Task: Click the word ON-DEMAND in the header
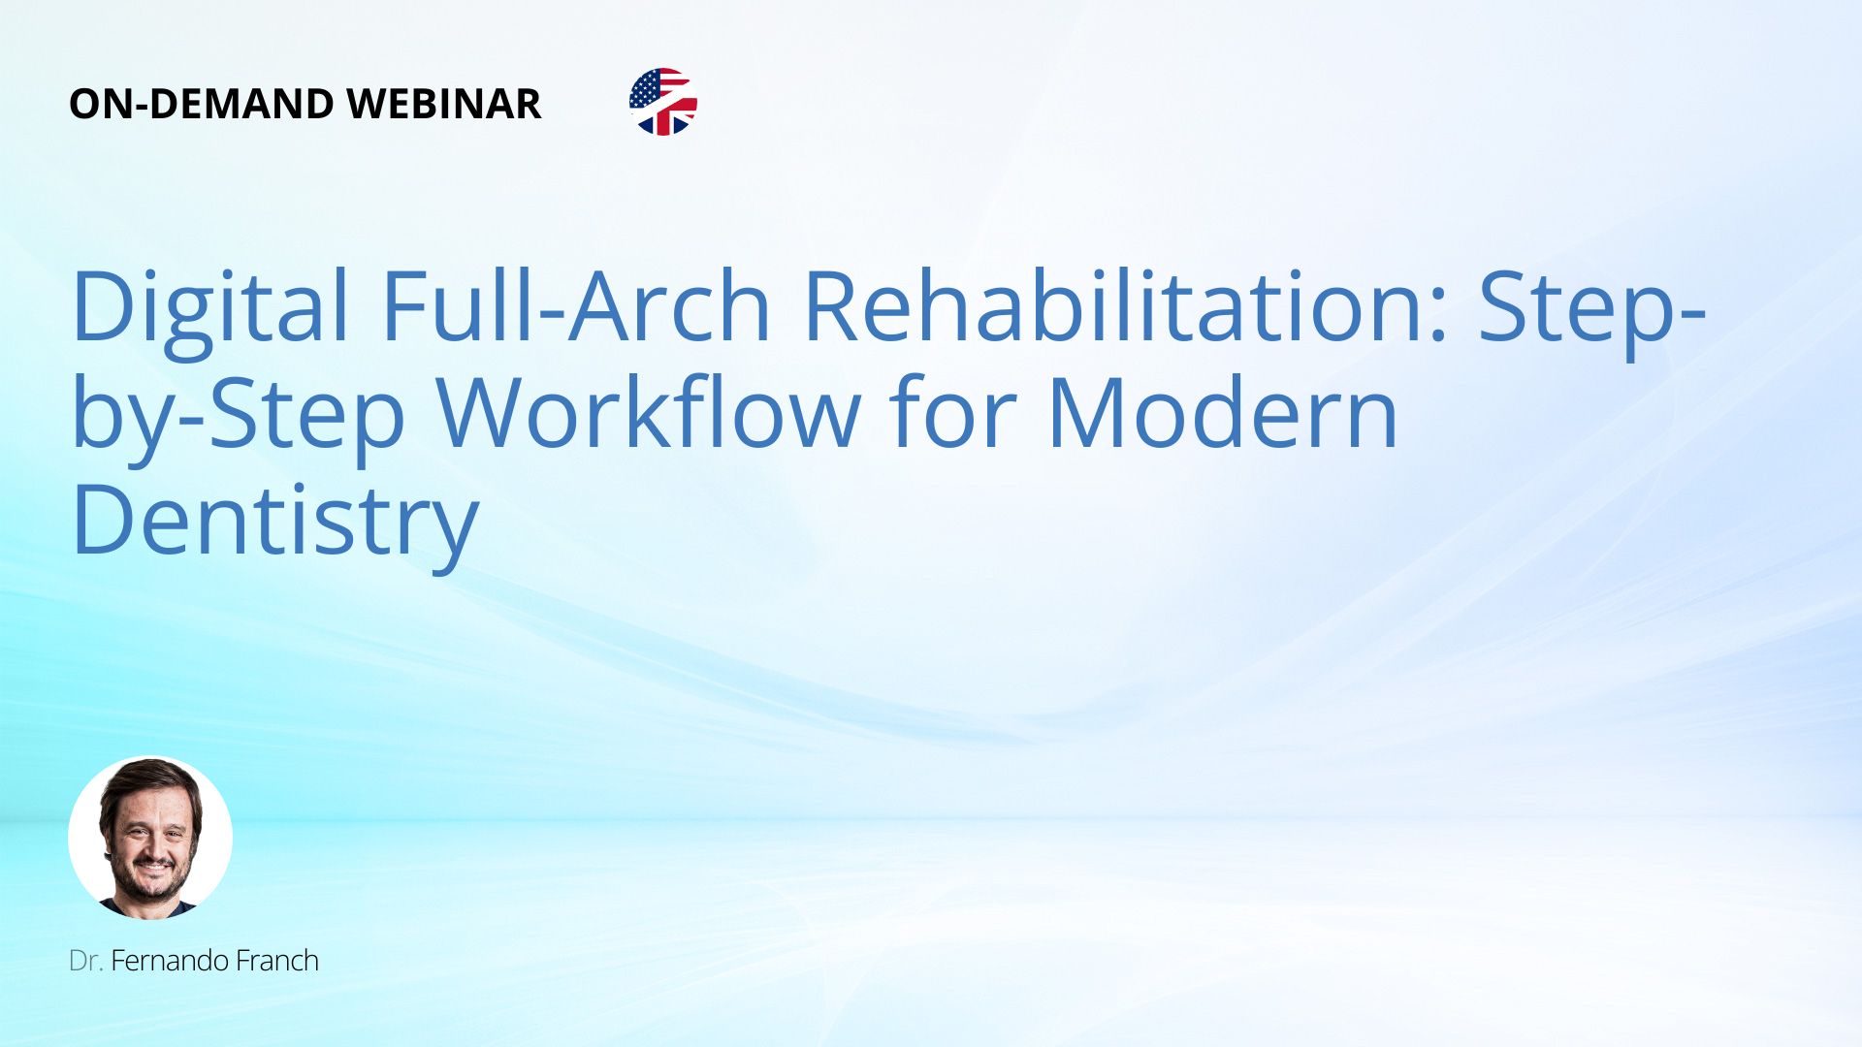point(201,104)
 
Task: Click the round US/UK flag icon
point(663,102)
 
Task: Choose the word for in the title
point(952,412)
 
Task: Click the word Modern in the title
point(1222,412)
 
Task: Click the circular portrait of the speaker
point(150,838)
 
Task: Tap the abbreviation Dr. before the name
point(85,961)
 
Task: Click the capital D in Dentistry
point(105,520)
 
